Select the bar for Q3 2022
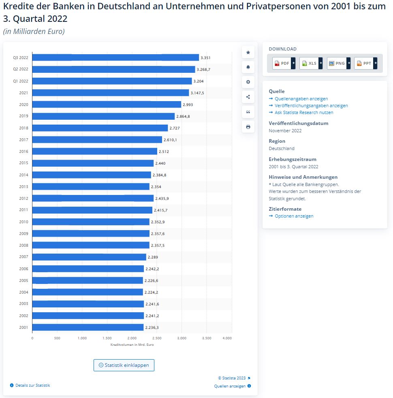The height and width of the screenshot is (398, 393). point(115,57)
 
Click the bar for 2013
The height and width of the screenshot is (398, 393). point(91,186)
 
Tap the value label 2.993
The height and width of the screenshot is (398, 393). point(188,104)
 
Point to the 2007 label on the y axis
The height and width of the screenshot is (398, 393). point(23,257)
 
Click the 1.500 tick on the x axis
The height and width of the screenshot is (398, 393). point(107,338)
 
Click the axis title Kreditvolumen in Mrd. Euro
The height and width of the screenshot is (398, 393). point(132,345)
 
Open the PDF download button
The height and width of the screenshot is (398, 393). point(282,63)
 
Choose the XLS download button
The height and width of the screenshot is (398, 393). point(309,63)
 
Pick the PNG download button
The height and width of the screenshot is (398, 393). point(337,63)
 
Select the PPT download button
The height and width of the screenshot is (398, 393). point(364,63)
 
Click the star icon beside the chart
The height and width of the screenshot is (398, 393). point(248,52)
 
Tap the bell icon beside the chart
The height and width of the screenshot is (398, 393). point(248,67)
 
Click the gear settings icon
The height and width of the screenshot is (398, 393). point(248,82)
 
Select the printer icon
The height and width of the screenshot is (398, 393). point(248,127)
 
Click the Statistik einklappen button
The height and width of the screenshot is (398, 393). point(124,365)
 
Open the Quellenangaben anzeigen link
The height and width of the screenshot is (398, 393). point(301,99)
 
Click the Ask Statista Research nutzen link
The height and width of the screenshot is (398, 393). point(304,112)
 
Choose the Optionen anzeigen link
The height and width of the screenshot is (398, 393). point(294,216)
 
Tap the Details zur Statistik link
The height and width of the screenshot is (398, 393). point(32,385)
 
